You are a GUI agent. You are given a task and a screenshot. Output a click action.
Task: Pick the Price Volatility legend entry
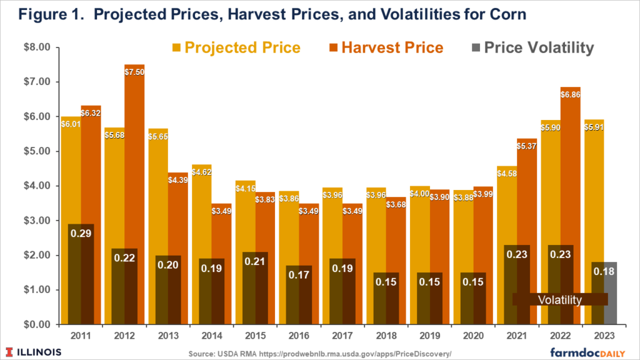[531, 47]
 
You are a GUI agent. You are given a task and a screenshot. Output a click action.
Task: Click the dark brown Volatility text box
[559, 299]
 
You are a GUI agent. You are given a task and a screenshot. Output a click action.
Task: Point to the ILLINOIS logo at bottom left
[35, 351]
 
